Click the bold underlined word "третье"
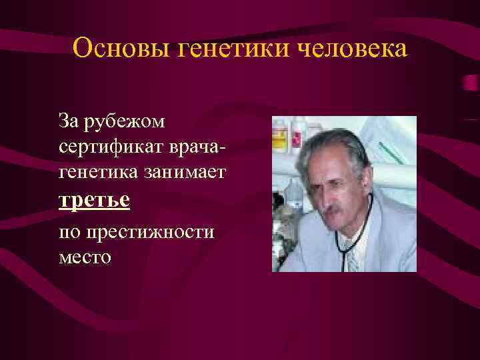click(94, 200)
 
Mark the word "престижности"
click(147, 232)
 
